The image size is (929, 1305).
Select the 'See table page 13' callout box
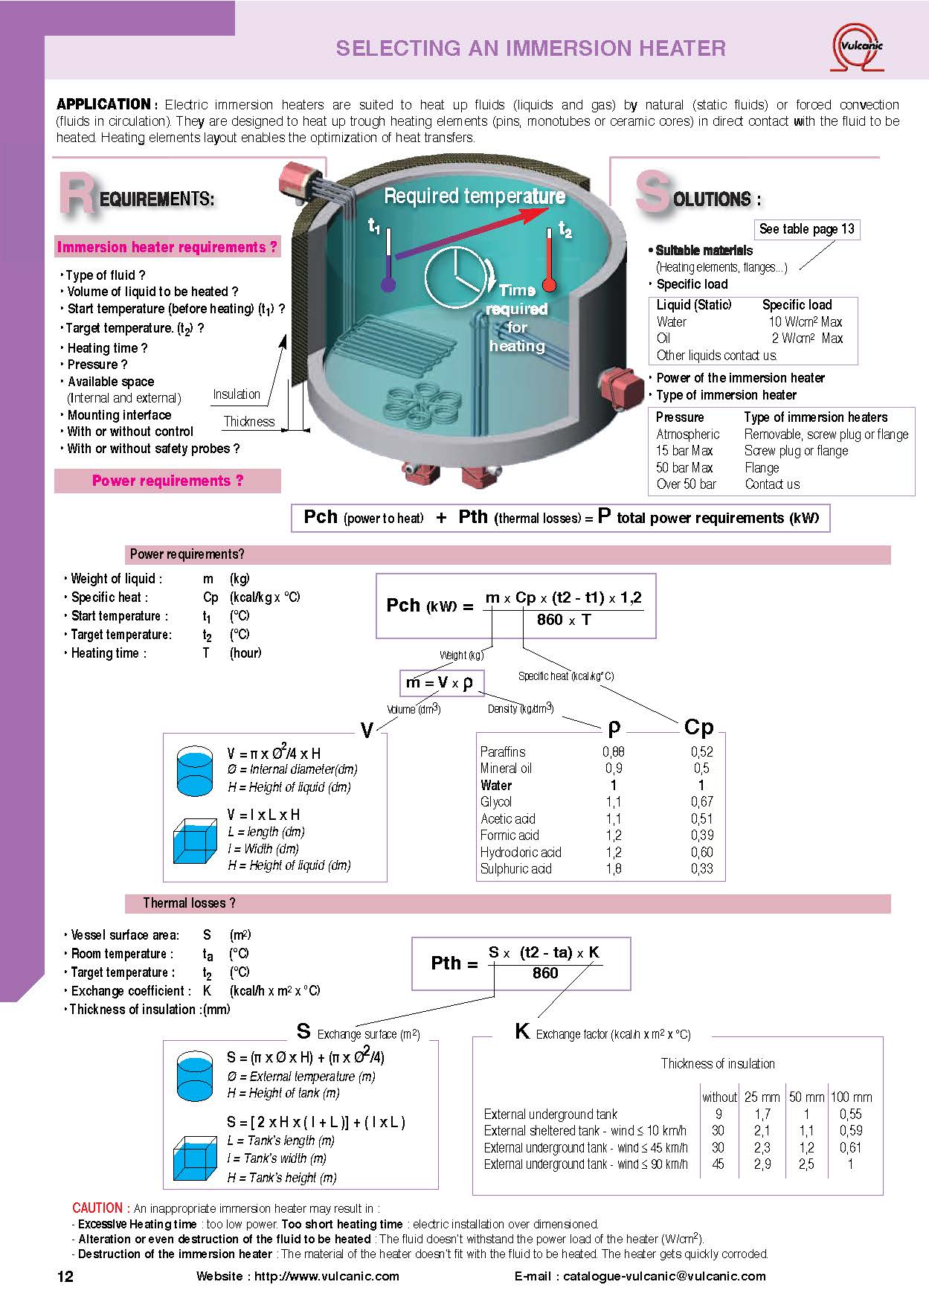click(x=806, y=229)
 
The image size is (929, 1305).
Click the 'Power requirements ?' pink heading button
click(x=167, y=481)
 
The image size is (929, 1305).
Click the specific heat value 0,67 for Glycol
click(x=701, y=801)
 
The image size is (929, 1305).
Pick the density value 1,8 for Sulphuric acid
click(x=614, y=868)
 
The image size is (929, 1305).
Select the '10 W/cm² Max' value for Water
click(x=806, y=321)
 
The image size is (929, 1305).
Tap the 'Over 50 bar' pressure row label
click(x=686, y=484)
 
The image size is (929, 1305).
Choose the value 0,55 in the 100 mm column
click(x=850, y=1114)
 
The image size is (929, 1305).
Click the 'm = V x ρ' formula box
click(x=442, y=682)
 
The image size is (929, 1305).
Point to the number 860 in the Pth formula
click(x=545, y=973)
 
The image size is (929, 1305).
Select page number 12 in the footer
click(x=65, y=1277)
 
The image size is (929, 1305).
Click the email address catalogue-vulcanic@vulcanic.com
click(x=664, y=1276)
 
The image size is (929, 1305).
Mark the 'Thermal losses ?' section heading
click(x=189, y=903)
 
